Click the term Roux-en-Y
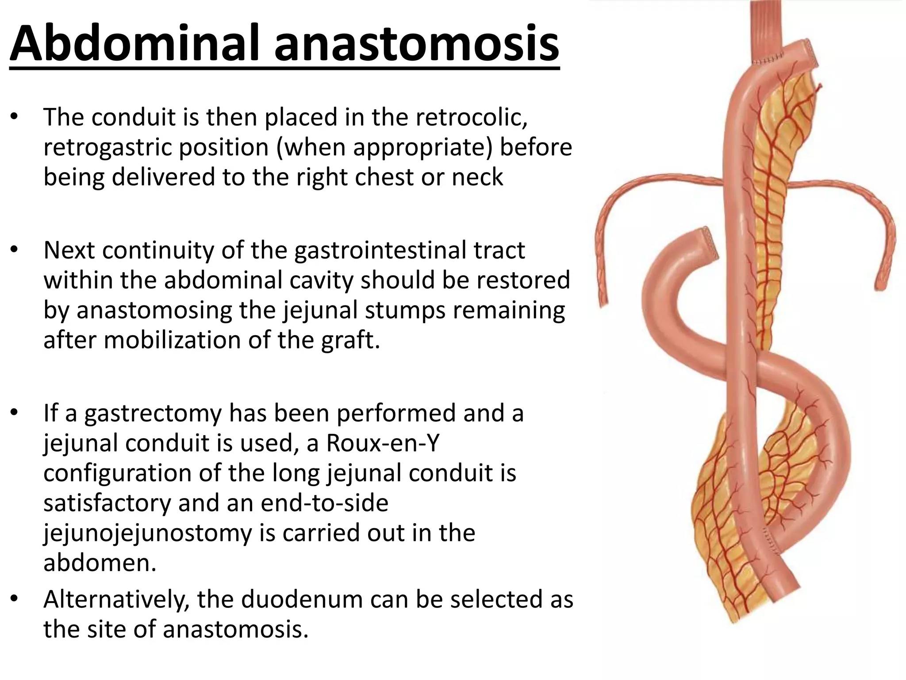pyautogui.click(x=383, y=443)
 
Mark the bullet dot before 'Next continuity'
pyautogui.click(x=15, y=250)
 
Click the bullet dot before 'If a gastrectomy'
pyautogui.click(x=15, y=413)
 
